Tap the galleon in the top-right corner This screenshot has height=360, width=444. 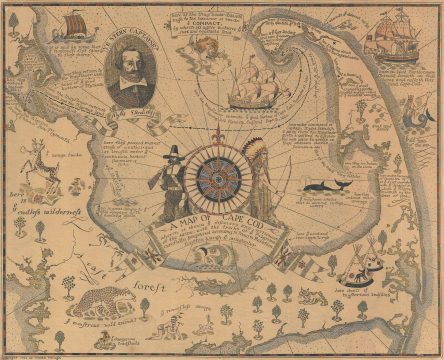click(394, 40)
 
